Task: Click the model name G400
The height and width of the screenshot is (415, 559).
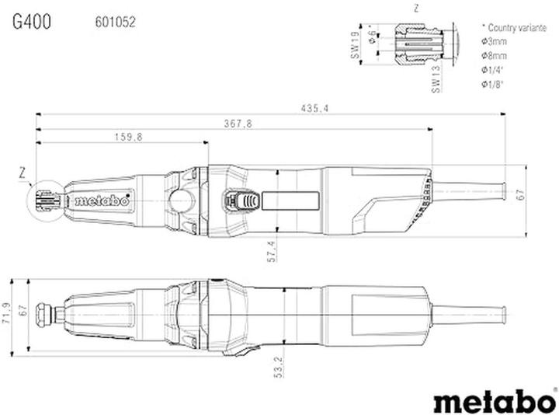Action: pyautogui.click(x=32, y=22)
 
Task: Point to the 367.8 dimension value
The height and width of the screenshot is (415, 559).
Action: pyautogui.click(x=238, y=123)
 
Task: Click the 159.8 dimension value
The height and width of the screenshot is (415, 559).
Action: pyautogui.click(x=129, y=137)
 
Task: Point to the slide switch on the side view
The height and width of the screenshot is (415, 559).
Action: pyautogui.click(x=241, y=201)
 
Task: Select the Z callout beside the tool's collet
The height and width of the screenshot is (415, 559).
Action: pyautogui.click(x=23, y=170)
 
